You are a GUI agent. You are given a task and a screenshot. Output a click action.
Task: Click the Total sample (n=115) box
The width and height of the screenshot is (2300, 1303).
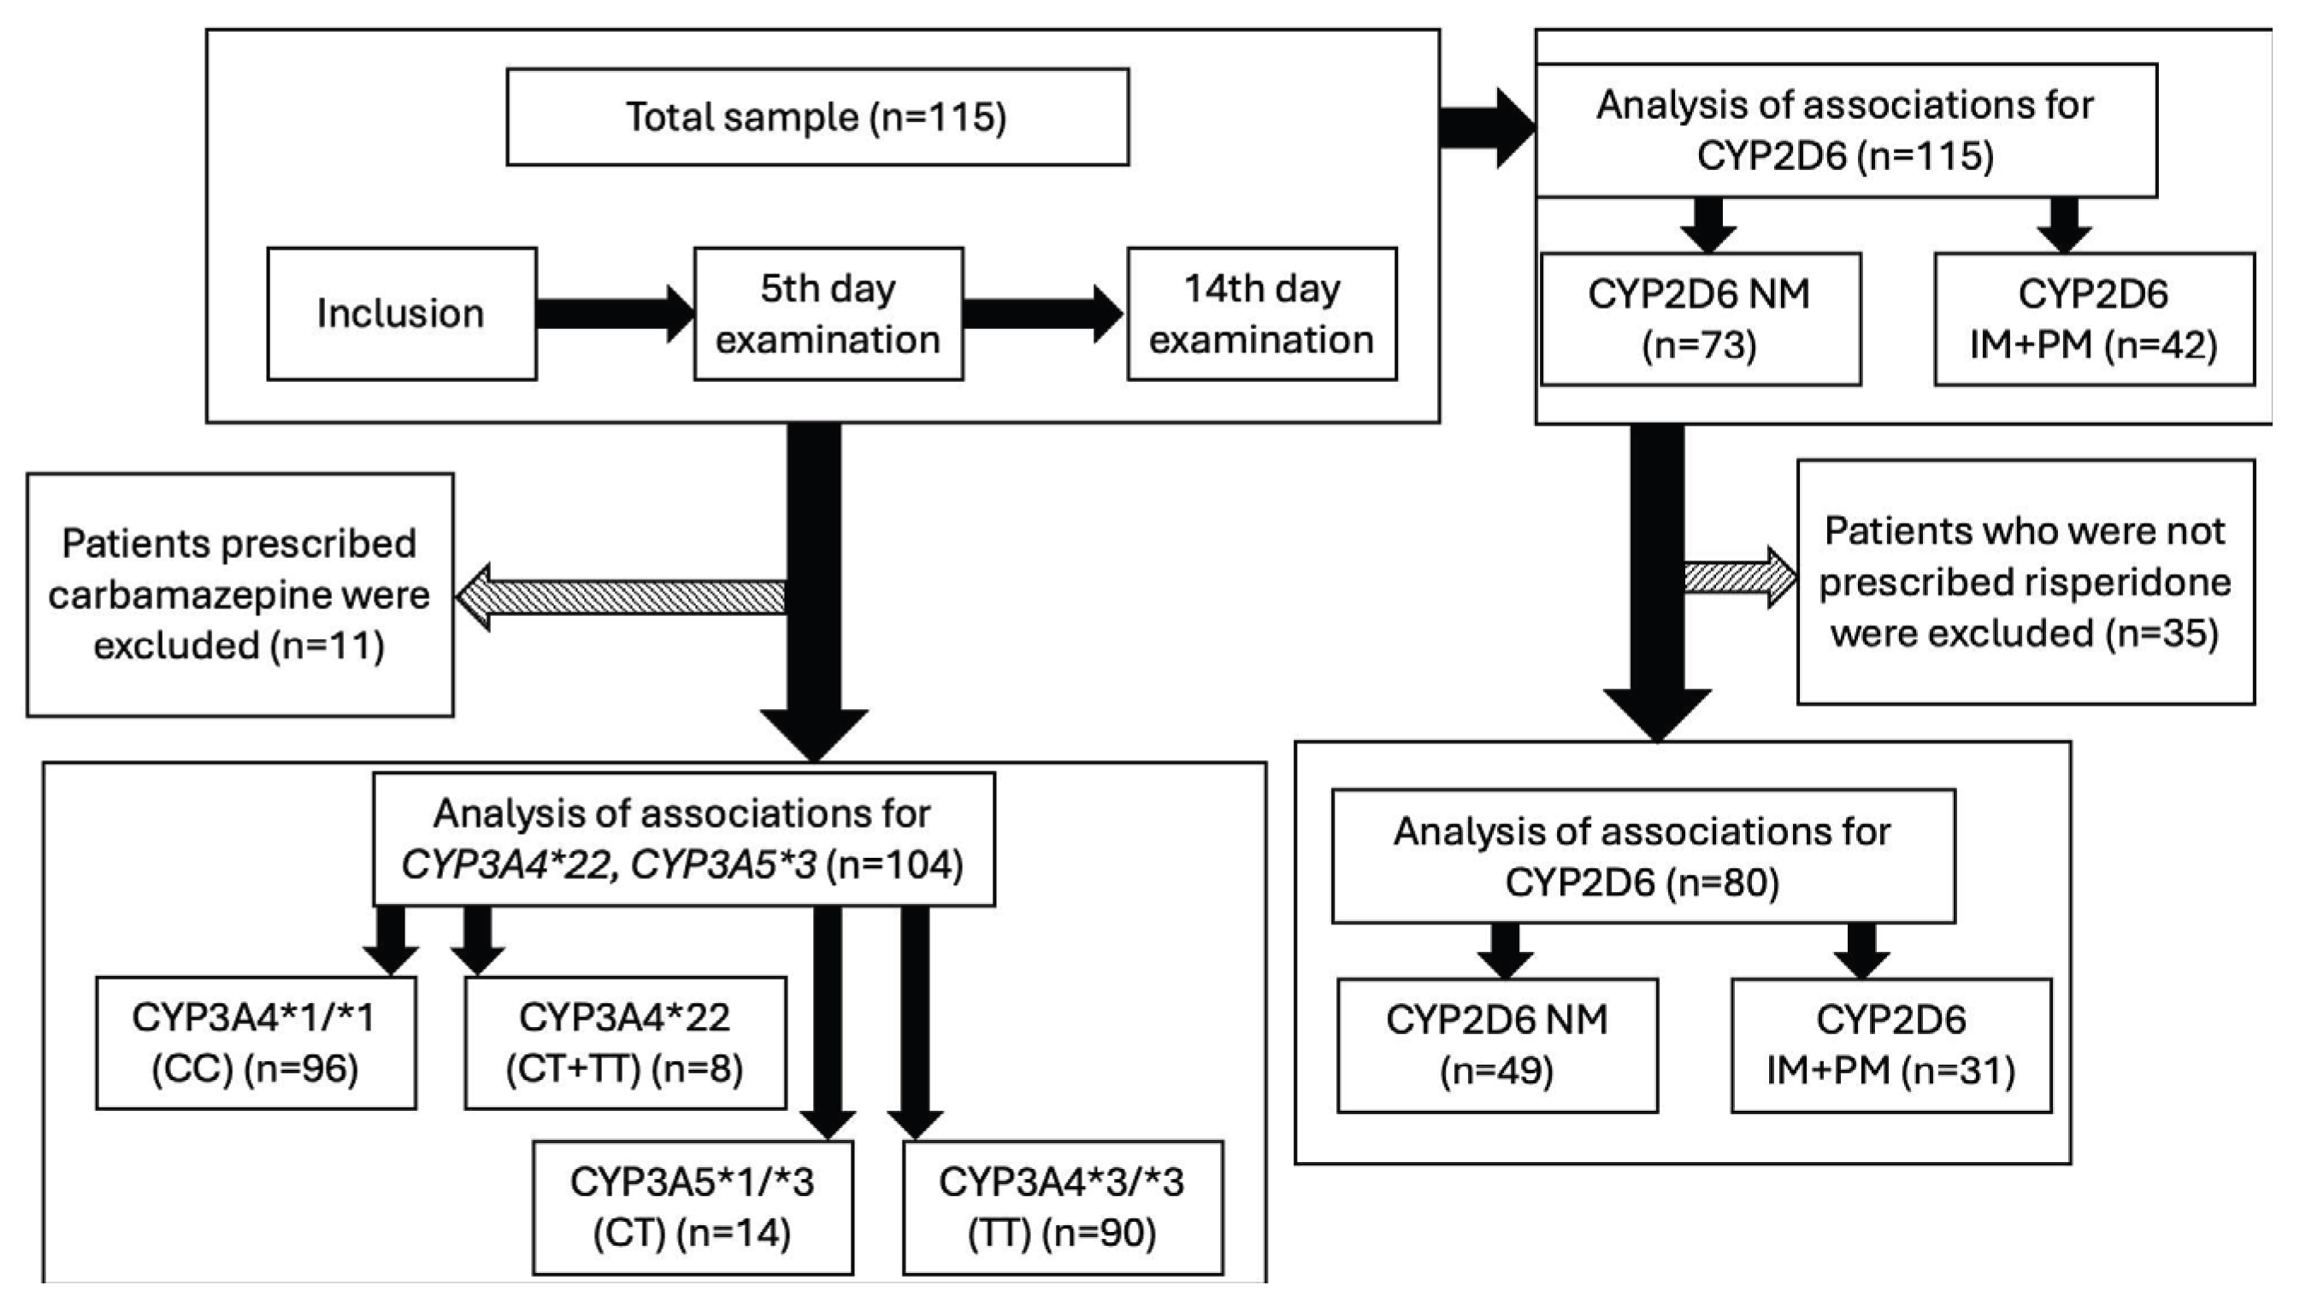point(817,117)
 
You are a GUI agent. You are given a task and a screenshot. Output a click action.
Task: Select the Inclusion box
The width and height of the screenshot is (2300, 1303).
point(402,314)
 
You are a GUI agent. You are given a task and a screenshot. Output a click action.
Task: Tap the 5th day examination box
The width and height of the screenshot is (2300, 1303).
point(829,314)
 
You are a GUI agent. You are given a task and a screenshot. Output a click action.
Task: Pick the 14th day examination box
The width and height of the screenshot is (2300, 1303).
point(1261,314)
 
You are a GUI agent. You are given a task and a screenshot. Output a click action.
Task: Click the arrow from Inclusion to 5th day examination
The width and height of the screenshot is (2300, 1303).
point(615,314)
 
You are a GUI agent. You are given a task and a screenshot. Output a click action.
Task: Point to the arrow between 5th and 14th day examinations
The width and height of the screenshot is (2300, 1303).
point(1044,314)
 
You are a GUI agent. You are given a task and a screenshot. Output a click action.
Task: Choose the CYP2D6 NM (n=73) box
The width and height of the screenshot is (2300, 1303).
point(1700,320)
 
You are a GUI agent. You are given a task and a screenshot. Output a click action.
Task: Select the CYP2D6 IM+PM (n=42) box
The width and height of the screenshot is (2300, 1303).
point(2094,320)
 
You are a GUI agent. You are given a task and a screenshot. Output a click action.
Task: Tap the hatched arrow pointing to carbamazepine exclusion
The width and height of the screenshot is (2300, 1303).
point(621,597)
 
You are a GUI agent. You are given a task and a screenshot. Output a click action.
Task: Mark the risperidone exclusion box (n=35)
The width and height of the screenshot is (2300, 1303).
point(2026,583)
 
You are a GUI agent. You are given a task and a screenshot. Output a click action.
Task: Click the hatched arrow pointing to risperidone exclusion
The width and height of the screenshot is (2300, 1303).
point(1741,578)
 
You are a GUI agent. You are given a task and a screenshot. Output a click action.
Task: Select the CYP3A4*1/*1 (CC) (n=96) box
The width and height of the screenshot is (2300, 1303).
point(256,1042)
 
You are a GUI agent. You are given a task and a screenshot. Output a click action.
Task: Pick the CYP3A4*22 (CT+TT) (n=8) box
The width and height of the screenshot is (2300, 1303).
point(625,1042)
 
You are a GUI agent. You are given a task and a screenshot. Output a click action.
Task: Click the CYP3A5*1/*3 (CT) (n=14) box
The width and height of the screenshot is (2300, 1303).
point(693,1207)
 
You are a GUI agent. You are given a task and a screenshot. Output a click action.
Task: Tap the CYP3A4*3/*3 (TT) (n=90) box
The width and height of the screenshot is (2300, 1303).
point(1063,1207)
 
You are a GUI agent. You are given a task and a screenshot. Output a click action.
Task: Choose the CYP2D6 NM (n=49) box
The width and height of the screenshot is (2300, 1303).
point(1498,1045)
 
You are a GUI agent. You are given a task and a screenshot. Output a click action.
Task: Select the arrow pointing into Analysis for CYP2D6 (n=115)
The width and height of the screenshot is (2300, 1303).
point(1488,129)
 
